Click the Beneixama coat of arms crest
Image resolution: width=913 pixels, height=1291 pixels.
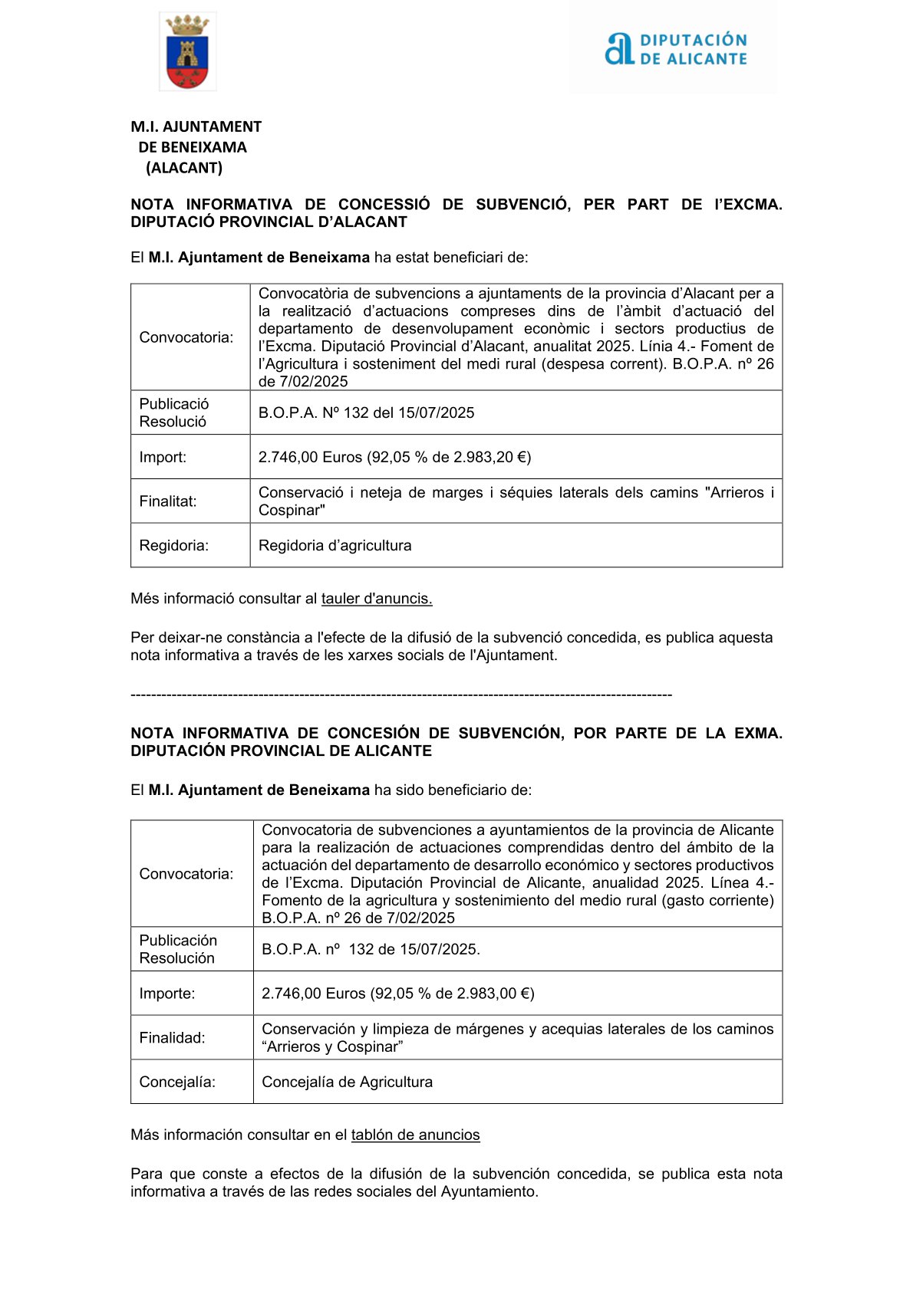(x=187, y=52)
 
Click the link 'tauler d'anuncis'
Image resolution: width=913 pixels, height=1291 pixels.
(x=377, y=599)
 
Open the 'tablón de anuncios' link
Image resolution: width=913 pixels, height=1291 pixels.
(x=415, y=1135)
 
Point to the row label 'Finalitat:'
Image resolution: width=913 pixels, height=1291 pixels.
(x=168, y=501)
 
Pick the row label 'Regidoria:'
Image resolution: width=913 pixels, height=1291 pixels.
(x=174, y=545)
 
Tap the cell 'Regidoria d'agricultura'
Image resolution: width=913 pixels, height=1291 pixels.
(x=335, y=545)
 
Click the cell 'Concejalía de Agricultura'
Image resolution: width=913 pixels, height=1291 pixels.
(x=347, y=1082)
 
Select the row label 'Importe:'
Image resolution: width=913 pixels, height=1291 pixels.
(x=167, y=994)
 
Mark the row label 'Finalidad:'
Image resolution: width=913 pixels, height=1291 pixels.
(x=172, y=1038)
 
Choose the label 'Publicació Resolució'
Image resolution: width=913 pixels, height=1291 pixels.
(x=174, y=412)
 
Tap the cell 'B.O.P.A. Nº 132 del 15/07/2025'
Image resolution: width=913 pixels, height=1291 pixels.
(x=366, y=412)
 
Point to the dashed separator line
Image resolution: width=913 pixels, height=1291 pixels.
(x=400, y=695)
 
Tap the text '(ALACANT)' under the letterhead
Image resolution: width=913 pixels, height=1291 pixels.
(x=184, y=168)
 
